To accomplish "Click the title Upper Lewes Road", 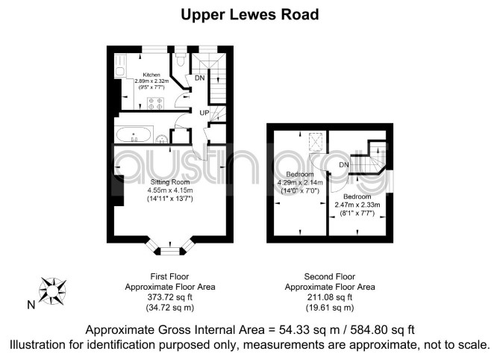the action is point(250,15).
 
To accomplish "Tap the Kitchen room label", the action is point(151,75).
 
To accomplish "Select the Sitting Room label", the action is point(170,182).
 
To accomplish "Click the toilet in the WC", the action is point(181,59).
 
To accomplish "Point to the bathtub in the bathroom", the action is point(134,135).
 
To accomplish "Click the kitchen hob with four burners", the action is point(155,103).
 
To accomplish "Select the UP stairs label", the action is point(204,113).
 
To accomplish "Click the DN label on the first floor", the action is point(199,78).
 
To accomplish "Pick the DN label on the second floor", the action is point(344,165).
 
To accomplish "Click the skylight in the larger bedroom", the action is point(316,141).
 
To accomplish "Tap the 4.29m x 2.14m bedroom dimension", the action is point(300,183).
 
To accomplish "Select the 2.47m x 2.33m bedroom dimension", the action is point(357,205).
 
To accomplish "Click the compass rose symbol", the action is point(52,291).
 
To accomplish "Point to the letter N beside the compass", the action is point(31,305).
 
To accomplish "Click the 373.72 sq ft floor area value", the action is point(170,297).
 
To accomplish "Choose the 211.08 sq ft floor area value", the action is point(330,297).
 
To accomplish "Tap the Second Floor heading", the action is point(330,276).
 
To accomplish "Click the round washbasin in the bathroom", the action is point(162,139).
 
